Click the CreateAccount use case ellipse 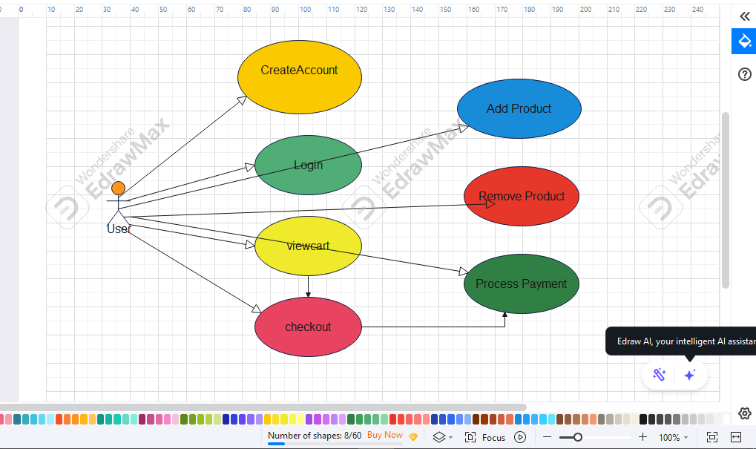click(300, 77)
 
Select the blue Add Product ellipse click(519, 108)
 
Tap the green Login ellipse click(308, 165)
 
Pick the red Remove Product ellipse click(522, 196)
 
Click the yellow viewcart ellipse click(308, 246)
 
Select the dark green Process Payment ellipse click(522, 284)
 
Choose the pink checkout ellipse click(308, 327)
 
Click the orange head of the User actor click(118, 188)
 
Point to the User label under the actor click(119, 229)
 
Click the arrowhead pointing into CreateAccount click(242, 100)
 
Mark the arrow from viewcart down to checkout click(308, 286)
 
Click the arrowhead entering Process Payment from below click(504, 315)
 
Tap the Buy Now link click(385, 435)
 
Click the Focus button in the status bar click(485, 437)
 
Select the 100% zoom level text click(669, 437)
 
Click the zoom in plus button click(642, 437)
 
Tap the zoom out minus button click(547, 437)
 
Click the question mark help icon click(744, 74)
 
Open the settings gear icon click(744, 413)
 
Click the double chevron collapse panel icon click(745, 16)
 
